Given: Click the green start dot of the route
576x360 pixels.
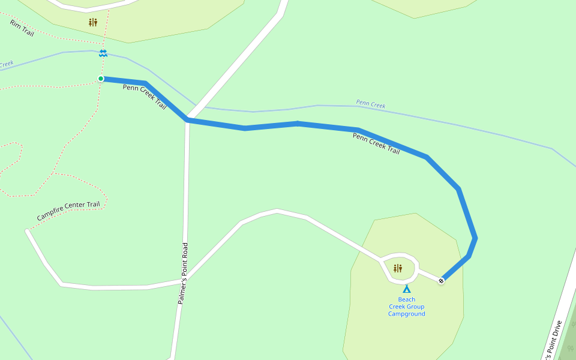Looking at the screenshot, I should (101, 79).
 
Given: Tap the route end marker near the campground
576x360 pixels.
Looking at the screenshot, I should (442, 280).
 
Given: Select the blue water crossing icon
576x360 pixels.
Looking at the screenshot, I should (103, 53).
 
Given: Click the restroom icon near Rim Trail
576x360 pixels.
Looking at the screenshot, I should (92, 23).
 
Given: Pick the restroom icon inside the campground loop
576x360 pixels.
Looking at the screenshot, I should (397, 268).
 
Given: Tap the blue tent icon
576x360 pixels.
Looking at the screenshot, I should (407, 289).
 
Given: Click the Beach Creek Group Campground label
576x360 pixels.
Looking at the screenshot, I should (406, 307).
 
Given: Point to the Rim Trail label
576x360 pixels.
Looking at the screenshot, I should (22, 28).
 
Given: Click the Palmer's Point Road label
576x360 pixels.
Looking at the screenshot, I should (183, 273).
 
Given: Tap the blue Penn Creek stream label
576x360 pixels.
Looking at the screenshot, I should (370, 104).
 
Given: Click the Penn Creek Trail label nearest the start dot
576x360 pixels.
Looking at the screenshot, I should (145, 96).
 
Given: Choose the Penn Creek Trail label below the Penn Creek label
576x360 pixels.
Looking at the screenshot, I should (376, 144).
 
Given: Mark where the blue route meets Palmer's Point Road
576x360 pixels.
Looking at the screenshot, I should (188, 119).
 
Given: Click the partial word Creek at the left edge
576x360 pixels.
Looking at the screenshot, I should (6, 64).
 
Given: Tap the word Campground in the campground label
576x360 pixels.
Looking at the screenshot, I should (406, 314).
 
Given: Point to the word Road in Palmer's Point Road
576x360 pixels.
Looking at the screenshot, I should (185, 250).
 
